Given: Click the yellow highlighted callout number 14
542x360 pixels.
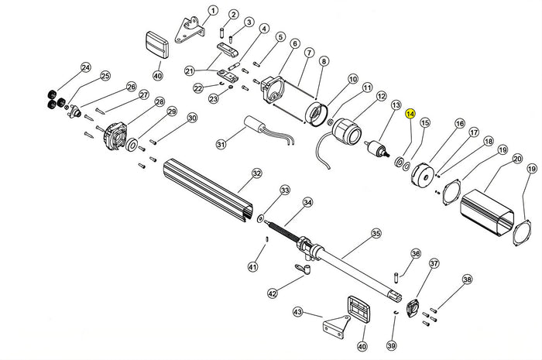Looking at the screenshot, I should [410, 114].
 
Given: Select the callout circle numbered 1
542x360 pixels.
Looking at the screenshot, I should [213, 11].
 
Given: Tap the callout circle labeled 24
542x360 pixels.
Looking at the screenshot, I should [85, 67].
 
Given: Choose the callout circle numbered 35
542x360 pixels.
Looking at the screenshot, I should [376, 232].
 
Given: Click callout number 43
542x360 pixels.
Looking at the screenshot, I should [298, 312].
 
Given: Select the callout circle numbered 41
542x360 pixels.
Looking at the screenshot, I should [252, 267].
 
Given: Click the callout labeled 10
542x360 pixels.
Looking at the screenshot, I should [352, 79].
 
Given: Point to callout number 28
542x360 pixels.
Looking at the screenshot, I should [160, 102].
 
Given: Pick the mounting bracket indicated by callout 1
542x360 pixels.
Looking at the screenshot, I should [188, 30].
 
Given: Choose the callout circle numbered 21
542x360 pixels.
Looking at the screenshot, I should [188, 71].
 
